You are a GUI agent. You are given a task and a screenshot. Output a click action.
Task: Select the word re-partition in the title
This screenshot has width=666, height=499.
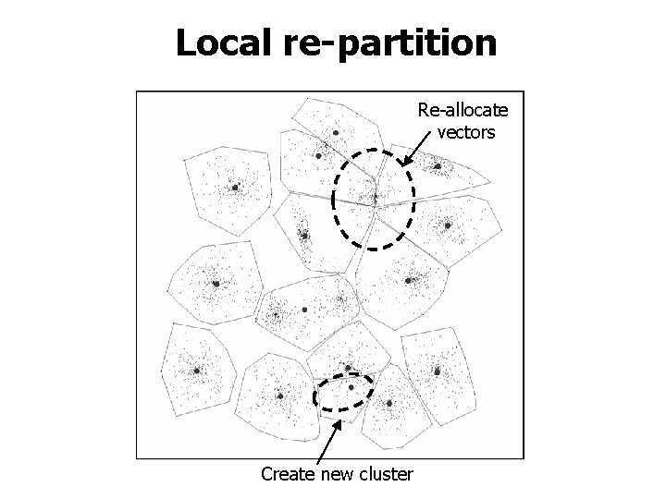392,43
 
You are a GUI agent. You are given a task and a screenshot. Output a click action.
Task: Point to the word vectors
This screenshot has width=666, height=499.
466,132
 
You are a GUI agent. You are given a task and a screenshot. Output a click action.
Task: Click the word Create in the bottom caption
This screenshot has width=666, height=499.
289,474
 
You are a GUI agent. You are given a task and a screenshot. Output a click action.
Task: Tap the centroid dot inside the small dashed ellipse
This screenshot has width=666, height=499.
351,388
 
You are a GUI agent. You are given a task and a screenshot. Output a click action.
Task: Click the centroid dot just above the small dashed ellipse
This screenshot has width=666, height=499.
348,369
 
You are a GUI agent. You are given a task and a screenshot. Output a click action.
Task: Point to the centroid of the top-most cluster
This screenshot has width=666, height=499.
336,133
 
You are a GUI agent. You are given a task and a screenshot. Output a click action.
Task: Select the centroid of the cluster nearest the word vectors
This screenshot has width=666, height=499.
437,166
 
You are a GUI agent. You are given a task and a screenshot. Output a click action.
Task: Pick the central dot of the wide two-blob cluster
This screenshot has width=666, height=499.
304,310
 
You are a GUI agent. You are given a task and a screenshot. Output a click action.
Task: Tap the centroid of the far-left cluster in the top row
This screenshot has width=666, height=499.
236,188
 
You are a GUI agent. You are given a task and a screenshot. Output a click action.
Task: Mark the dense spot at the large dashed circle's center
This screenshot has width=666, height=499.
375,196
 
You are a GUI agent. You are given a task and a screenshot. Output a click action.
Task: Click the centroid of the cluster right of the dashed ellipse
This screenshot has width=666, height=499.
390,403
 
